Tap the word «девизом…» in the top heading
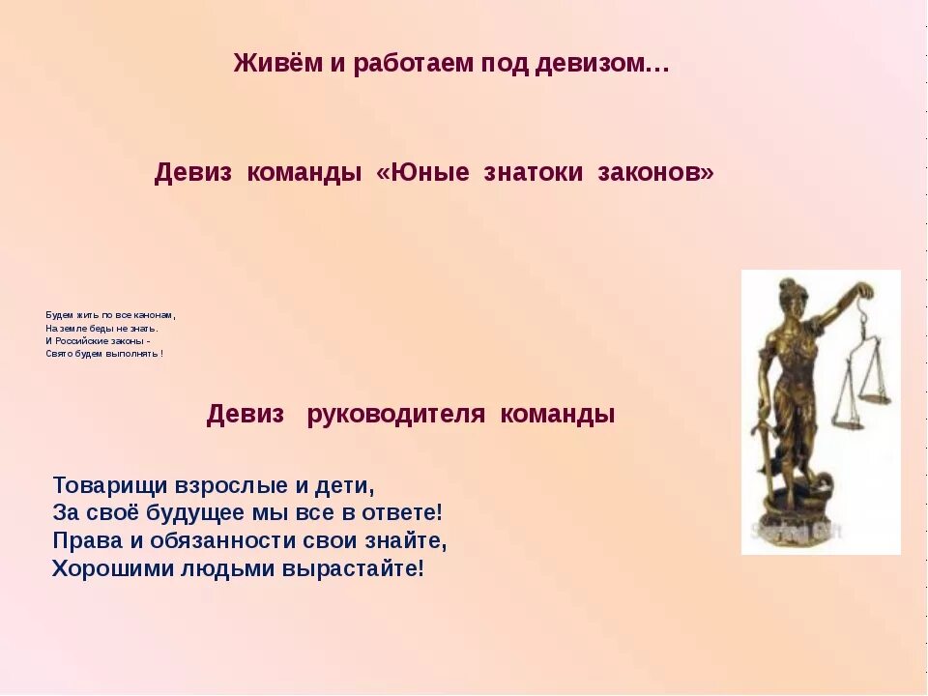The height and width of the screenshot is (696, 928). point(610,65)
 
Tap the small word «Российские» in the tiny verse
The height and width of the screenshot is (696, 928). point(83,341)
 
